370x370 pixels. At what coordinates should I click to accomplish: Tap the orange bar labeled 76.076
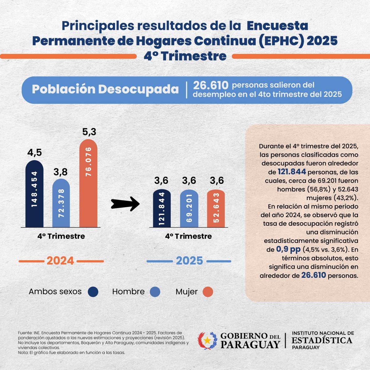[88, 183]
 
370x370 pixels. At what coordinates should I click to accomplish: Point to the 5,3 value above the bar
[89, 132]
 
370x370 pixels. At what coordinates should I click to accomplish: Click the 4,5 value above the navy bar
[34, 153]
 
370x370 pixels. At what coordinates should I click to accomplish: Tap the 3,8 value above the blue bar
[60, 172]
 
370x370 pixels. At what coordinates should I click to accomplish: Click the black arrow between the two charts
[125, 203]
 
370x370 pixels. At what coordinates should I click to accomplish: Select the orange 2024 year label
[60, 261]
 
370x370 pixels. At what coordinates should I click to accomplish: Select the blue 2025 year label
[189, 261]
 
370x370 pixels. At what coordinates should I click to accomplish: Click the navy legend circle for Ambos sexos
[93, 292]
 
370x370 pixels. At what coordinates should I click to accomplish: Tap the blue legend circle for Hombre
[155, 292]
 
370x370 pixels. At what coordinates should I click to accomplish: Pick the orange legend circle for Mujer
[208, 292]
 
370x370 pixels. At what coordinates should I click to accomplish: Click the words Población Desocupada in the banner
[105, 89]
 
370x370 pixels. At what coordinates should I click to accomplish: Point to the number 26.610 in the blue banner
[211, 85]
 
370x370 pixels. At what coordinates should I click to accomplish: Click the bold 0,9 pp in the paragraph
[288, 249]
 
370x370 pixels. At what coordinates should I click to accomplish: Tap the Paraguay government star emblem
[208, 340]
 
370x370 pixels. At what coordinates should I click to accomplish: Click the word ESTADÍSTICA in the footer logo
[322, 340]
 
